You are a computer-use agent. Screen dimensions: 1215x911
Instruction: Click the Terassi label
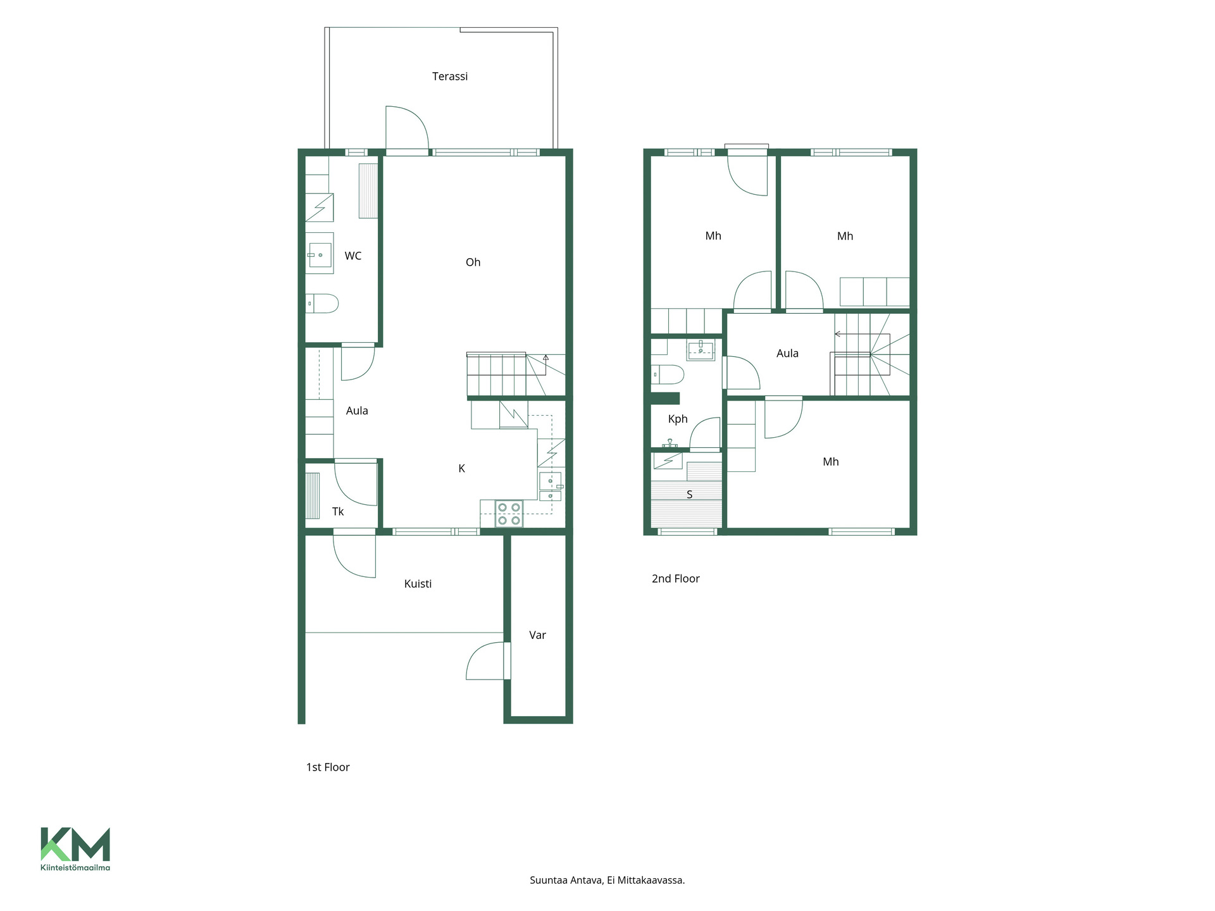pos(450,77)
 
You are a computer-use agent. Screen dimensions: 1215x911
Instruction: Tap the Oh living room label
pos(473,262)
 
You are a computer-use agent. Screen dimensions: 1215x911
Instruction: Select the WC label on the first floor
pos(353,256)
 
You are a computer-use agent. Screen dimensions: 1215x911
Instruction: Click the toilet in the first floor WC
pos(322,304)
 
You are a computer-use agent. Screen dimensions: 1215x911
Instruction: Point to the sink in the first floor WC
pos(320,254)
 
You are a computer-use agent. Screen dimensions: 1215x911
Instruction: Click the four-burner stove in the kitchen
pos(509,513)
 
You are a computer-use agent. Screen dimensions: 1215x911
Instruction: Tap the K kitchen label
pos(462,468)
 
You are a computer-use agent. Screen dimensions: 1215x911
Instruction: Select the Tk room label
pos(338,511)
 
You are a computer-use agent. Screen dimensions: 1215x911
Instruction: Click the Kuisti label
pos(418,584)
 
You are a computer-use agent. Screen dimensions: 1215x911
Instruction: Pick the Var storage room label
pos(537,635)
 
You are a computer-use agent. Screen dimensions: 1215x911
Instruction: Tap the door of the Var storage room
pos(488,661)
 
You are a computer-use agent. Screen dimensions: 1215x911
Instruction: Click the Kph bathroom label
pos(678,419)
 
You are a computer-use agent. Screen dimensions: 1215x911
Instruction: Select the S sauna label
pos(690,495)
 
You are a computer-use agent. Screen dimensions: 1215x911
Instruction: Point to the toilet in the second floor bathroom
pos(668,375)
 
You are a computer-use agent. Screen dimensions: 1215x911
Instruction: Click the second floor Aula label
pos(787,354)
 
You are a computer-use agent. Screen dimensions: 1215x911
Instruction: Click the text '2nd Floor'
pos(676,579)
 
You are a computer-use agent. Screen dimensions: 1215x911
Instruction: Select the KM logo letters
pos(75,845)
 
